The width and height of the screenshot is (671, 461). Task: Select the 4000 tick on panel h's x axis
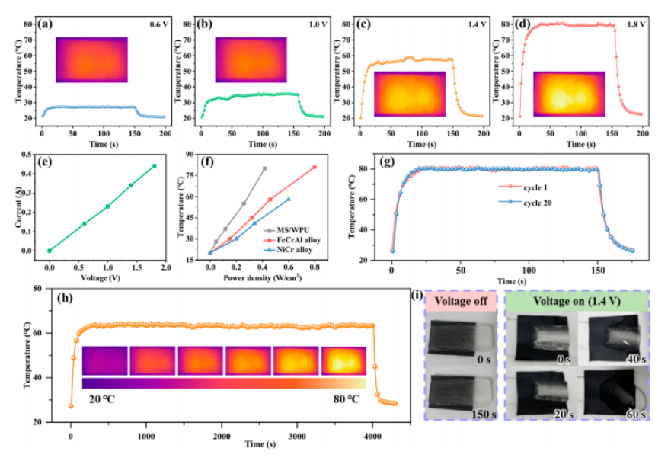click(372, 433)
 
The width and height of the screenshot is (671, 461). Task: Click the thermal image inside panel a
click(91, 59)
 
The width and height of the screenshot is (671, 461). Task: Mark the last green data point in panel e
click(154, 166)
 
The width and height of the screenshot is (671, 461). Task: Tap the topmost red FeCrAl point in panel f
click(314, 168)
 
